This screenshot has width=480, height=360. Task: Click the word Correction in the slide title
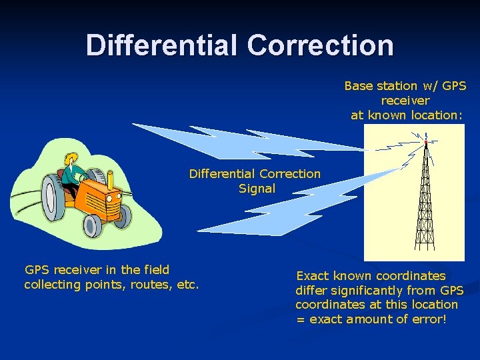(321, 45)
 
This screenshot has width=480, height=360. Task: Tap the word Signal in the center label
(257, 189)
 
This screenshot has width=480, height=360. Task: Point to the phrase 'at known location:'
(406, 115)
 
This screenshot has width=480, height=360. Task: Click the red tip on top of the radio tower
(425, 141)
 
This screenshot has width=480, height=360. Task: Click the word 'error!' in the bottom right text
(426, 319)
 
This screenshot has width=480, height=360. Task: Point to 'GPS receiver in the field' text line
(97, 270)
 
